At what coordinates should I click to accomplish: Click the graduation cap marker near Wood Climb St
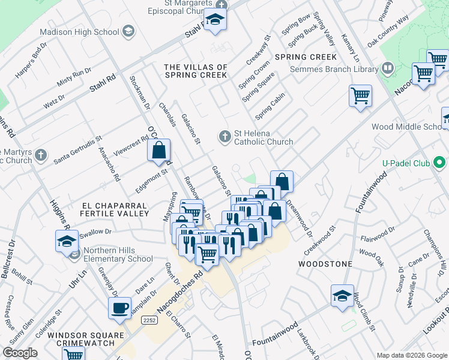click(342, 296)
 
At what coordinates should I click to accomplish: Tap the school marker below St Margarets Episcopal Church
click(215, 20)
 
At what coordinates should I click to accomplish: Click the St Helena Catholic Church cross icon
click(225, 137)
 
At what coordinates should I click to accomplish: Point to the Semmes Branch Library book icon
click(387, 70)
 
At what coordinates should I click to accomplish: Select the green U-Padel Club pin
click(439, 163)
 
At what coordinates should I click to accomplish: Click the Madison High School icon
click(128, 31)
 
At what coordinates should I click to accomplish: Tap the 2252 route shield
click(150, 322)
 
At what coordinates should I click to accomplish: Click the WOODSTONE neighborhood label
click(321, 263)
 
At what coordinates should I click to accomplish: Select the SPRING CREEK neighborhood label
click(306, 57)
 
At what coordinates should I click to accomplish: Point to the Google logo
click(20, 353)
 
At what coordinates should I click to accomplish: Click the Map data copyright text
click(411, 355)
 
